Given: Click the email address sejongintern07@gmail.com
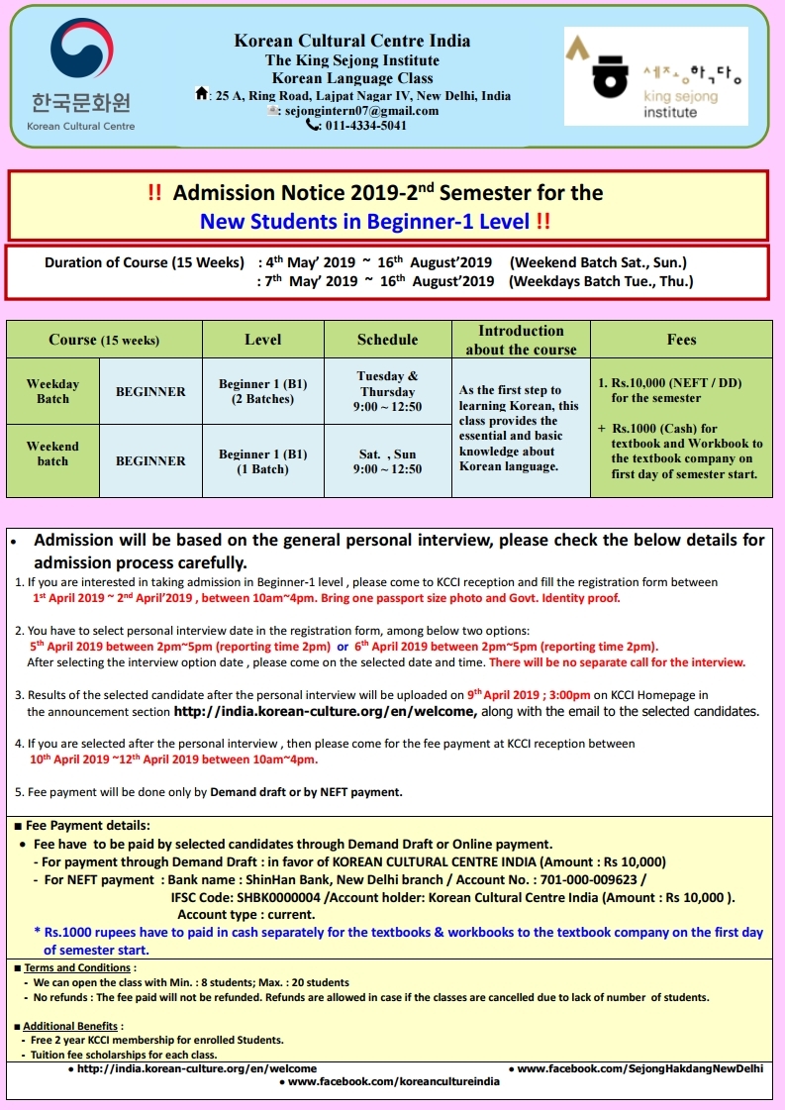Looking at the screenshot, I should pos(360,111).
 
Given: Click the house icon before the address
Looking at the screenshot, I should pos(203,95).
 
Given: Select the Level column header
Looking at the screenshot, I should pos(263,340).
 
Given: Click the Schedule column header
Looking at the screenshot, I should pos(387,340).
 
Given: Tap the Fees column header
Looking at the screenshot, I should pos(681,340).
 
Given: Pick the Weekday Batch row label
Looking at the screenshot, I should pos(53,391).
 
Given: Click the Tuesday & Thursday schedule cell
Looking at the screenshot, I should pos(387,391).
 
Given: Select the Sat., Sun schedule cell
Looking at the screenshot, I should pos(387,461).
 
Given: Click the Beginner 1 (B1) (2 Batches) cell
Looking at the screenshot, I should pos(263,391).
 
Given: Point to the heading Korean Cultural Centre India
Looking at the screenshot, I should pos(352,41).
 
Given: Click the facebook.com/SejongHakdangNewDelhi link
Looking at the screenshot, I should pos(639,1068).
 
